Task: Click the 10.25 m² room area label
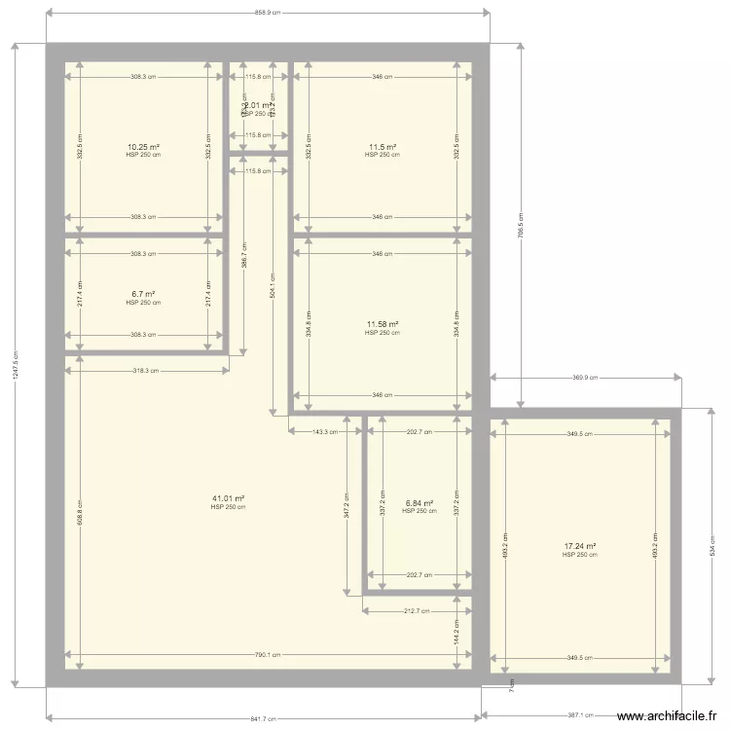(x=143, y=147)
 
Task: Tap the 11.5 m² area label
(x=383, y=147)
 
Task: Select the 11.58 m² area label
(x=383, y=324)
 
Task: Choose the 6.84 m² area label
(x=420, y=503)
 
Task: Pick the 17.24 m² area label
(x=580, y=547)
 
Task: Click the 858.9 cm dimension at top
(x=267, y=13)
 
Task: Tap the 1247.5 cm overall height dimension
(x=14, y=365)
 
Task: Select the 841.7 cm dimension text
(x=264, y=719)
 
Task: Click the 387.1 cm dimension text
(x=580, y=714)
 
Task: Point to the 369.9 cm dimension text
(x=585, y=378)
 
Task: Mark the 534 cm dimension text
(x=712, y=548)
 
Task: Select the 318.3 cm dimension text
(x=147, y=370)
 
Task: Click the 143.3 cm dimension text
(x=325, y=431)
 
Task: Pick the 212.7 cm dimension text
(x=417, y=611)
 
